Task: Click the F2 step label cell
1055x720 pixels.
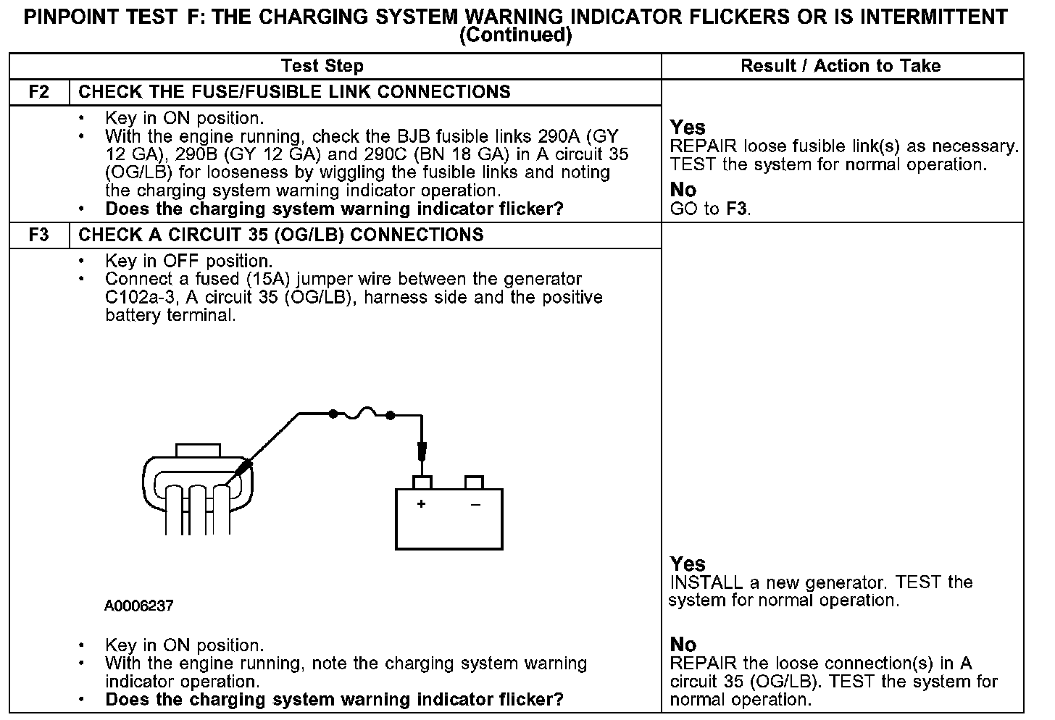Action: point(39,92)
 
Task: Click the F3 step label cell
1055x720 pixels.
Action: point(39,235)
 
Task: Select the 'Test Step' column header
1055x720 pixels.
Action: point(322,66)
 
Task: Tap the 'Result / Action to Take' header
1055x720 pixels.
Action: point(841,66)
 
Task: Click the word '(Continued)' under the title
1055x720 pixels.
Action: point(515,35)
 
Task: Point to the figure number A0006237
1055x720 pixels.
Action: point(139,606)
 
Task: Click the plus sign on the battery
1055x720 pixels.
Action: point(421,503)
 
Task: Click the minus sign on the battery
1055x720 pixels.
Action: point(475,503)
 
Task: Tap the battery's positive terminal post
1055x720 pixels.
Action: point(422,482)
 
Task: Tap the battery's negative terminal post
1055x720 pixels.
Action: point(474,482)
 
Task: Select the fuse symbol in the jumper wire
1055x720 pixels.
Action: point(362,414)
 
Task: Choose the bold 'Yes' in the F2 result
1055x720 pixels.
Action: point(688,127)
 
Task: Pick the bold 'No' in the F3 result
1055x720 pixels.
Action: point(683,644)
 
